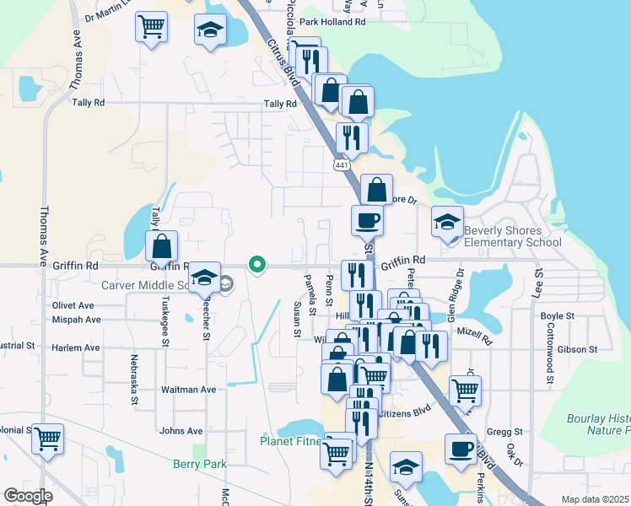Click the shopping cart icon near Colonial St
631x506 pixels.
click(x=47, y=439)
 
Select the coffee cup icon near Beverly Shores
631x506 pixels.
click(x=367, y=221)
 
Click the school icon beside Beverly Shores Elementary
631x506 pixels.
click(x=448, y=223)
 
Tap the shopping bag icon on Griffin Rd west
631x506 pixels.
click(x=162, y=247)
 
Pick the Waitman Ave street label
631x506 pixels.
click(x=188, y=390)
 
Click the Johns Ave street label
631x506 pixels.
click(x=181, y=431)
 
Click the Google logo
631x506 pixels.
click(x=27, y=496)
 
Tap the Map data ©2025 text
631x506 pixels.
click(x=595, y=499)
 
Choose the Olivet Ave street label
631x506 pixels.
click(x=73, y=305)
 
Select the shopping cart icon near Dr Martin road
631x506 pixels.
click(x=151, y=26)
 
